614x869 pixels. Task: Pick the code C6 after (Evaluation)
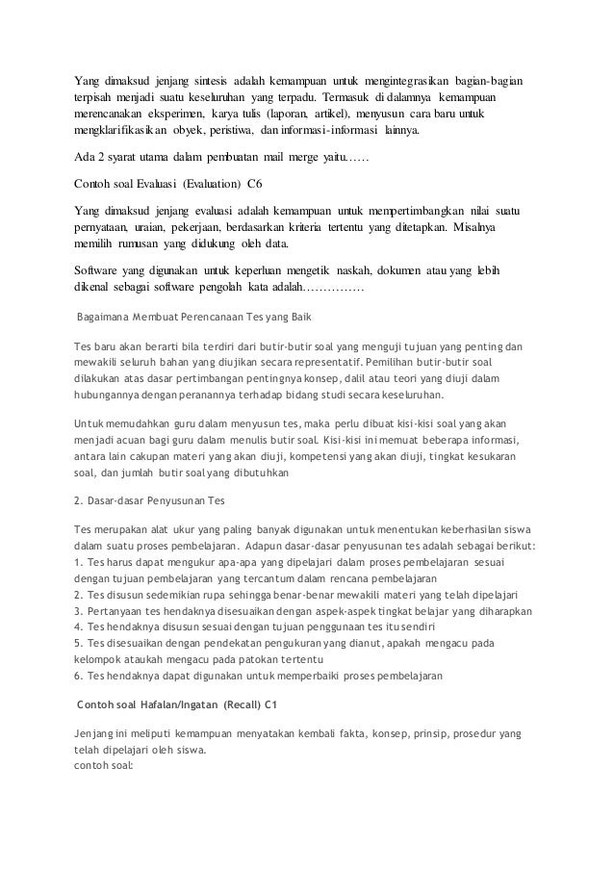(x=253, y=183)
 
